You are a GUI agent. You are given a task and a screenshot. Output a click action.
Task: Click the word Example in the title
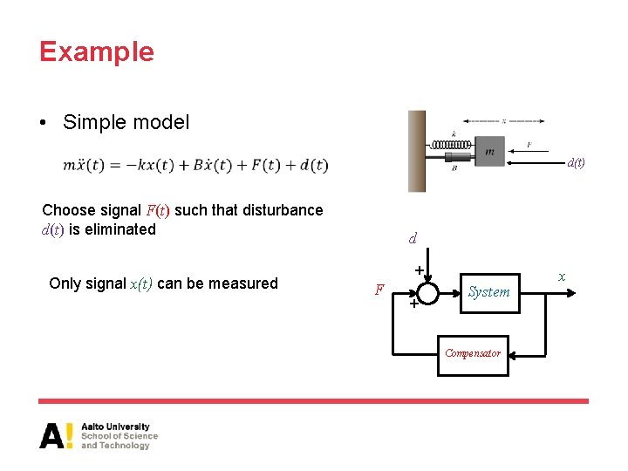click(96, 51)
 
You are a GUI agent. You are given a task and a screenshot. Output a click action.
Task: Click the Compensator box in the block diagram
click(473, 353)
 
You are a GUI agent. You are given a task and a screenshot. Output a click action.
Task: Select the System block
click(488, 291)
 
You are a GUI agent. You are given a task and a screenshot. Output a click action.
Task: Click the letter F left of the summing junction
click(379, 290)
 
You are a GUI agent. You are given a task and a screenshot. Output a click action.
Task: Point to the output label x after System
click(562, 276)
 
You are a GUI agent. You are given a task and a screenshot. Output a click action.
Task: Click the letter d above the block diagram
click(413, 238)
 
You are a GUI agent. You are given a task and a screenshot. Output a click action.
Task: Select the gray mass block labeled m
click(489, 151)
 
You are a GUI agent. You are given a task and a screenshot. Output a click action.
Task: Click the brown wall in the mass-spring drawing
click(417, 151)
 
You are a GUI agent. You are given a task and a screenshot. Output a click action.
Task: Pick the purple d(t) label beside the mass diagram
click(576, 162)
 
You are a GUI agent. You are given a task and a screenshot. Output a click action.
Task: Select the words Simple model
click(126, 122)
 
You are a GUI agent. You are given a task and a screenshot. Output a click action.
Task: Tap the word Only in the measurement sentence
click(65, 283)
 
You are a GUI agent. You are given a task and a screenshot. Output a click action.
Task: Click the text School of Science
click(119, 436)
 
